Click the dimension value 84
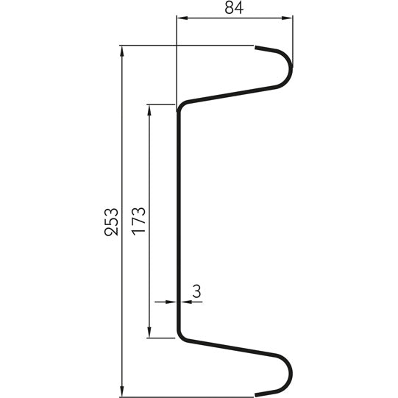coord(235,8)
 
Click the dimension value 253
coord(111,221)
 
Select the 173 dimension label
coord(139,221)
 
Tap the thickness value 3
coord(196,291)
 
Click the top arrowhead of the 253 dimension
coord(121,51)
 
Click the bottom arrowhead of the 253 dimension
coord(121,391)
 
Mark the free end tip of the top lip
coord(257,48)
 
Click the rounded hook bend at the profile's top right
coord(288,70)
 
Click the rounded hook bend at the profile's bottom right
coord(288,372)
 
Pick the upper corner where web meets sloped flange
coord(181,105)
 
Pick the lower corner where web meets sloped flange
coord(181,338)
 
